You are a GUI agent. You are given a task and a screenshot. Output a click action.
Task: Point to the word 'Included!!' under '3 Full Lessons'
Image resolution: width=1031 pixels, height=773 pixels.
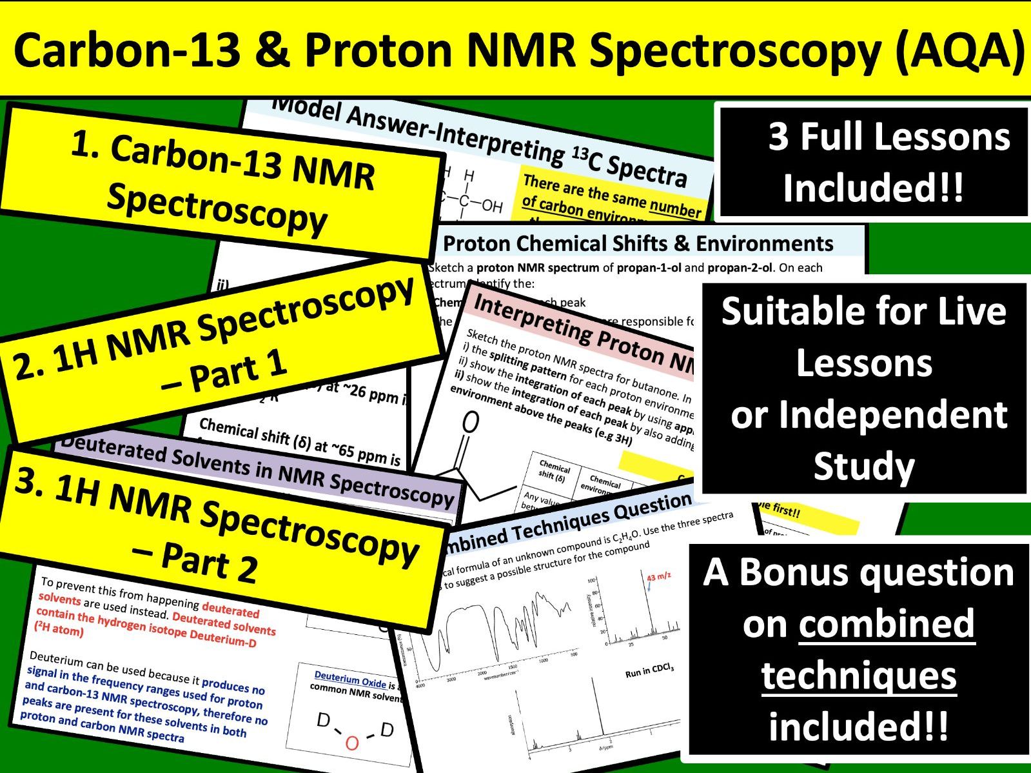tap(873, 188)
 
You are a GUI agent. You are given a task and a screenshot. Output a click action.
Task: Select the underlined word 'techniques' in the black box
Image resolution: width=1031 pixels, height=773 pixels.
tap(859, 676)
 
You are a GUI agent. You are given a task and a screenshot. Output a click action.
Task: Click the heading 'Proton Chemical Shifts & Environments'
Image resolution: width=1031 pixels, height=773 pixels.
tap(638, 243)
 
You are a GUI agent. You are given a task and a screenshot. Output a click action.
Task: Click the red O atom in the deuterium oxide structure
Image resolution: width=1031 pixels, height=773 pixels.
tap(352, 744)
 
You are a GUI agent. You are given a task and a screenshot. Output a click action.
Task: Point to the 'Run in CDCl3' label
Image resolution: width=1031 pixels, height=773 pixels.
tap(649, 671)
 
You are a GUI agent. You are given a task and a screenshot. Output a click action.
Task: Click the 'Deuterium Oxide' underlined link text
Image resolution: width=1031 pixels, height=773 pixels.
tap(350, 679)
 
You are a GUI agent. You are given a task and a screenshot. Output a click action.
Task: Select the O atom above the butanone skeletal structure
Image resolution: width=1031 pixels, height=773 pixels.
tap(471, 422)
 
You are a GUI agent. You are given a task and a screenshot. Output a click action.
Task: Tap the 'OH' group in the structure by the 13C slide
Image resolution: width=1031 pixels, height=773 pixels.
tap(491, 206)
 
